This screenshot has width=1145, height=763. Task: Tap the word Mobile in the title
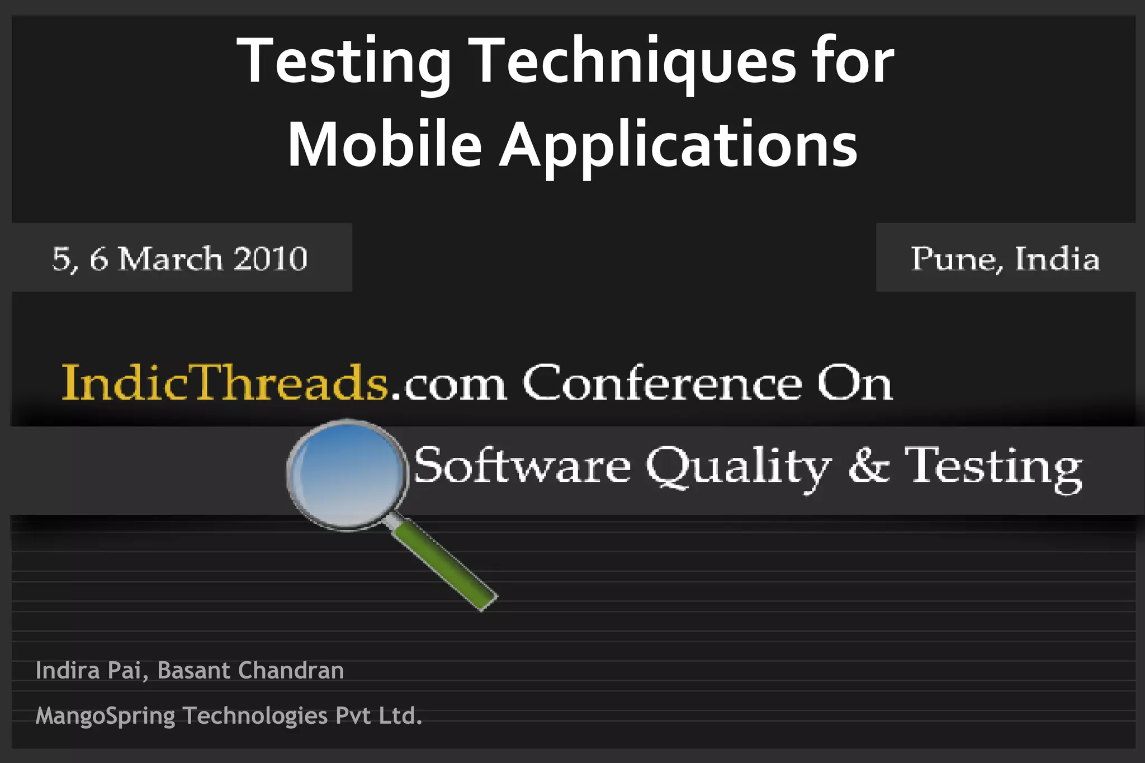385,144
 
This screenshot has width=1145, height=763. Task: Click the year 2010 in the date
271,258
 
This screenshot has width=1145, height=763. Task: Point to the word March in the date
171,258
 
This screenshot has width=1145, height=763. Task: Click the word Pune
953,259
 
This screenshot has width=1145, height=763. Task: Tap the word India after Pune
1057,259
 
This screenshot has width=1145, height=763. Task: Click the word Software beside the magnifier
522,466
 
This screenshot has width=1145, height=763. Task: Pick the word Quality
739,467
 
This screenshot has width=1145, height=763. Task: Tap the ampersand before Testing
868,465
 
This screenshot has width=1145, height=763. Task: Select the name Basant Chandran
250,670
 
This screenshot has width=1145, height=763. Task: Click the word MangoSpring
105,716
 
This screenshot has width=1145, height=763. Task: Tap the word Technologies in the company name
255,715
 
